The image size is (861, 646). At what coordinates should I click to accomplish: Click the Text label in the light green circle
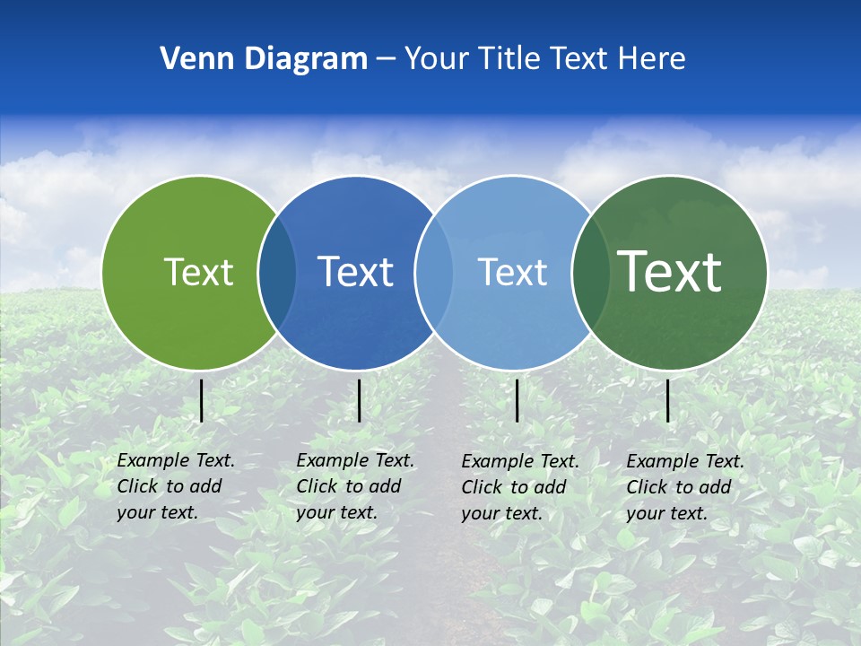coord(198,272)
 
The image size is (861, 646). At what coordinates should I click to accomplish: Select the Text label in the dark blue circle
coord(356,272)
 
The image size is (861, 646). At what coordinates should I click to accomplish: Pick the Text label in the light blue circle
coord(512,272)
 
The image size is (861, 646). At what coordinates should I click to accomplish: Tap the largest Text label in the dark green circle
coord(670,271)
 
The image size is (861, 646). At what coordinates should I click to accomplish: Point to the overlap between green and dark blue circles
coord(277,272)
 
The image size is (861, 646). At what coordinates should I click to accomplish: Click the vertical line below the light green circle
coord(202,400)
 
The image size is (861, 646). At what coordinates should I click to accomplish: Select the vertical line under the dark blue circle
coord(359,400)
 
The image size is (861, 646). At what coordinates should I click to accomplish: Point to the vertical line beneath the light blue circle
coord(517,400)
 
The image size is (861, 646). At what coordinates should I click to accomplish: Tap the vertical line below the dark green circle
coord(668,400)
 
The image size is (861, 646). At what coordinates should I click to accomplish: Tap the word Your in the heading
coord(436,59)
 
